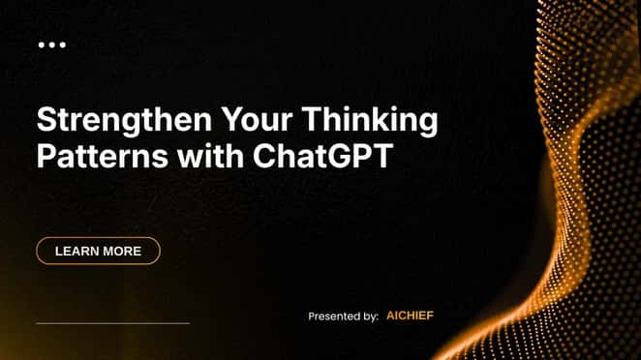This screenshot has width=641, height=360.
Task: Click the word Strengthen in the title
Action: tap(124, 121)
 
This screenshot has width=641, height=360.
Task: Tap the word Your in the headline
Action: tap(257, 119)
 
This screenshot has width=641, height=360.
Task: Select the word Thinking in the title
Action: tap(370, 121)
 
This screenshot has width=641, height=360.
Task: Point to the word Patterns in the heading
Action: tap(103, 156)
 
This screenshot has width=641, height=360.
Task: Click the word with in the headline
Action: tap(210, 155)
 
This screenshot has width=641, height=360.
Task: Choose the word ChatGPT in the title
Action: tap(323, 156)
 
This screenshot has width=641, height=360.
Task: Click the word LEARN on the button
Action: tap(76, 251)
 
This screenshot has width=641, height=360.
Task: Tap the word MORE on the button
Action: tap(121, 251)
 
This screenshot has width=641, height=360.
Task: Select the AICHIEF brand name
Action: tap(410, 315)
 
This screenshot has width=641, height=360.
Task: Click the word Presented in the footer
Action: tap(334, 316)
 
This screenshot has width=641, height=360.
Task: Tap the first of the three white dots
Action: tap(42, 45)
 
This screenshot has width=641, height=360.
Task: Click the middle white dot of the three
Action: tap(52, 45)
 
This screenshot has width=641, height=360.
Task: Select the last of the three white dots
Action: tap(63, 45)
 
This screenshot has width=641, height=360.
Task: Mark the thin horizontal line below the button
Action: tap(113, 323)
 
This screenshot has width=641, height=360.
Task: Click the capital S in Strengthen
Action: tap(46, 119)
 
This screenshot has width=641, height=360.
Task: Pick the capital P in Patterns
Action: tap(46, 156)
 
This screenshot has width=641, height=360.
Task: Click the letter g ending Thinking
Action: tap(428, 124)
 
